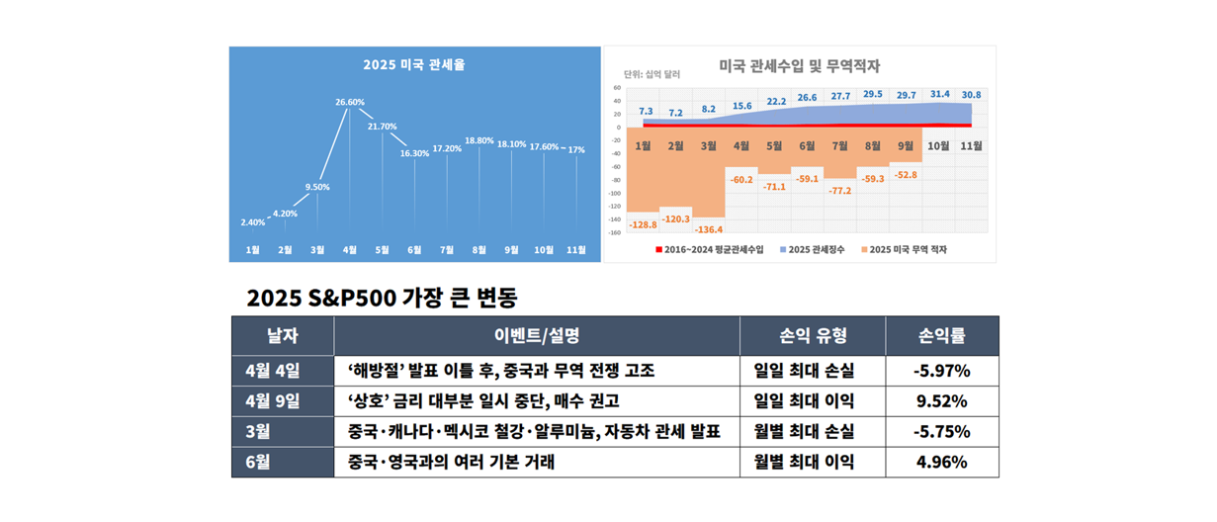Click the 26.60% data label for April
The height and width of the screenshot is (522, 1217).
(x=350, y=102)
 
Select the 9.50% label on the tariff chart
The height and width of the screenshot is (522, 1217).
(x=317, y=187)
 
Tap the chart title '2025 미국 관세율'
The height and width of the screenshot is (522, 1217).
(x=414, y=65)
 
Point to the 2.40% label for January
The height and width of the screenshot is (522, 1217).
(x=253, y=222)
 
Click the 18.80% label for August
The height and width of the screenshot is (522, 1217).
(x=479, y=140)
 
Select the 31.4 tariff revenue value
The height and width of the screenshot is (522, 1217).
(x=939, y=94)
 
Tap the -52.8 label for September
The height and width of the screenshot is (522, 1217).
(x=906, y=175)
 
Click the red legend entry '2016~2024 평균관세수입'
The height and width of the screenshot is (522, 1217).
(x=708, y=250)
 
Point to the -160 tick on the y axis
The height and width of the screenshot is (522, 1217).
(x=615, y=233)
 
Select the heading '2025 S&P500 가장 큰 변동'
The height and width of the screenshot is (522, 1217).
(x=382, y=298)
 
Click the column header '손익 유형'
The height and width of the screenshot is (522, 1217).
(x=812, y=336)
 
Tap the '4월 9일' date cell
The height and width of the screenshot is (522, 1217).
(x=273, y=401)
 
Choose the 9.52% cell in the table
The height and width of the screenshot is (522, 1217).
(x=941, y=401)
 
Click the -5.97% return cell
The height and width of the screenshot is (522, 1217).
(x=941, y=371)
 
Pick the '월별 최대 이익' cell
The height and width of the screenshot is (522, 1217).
(x=804, y=462)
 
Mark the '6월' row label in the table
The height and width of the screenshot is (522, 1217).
(x=258, y=462)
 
